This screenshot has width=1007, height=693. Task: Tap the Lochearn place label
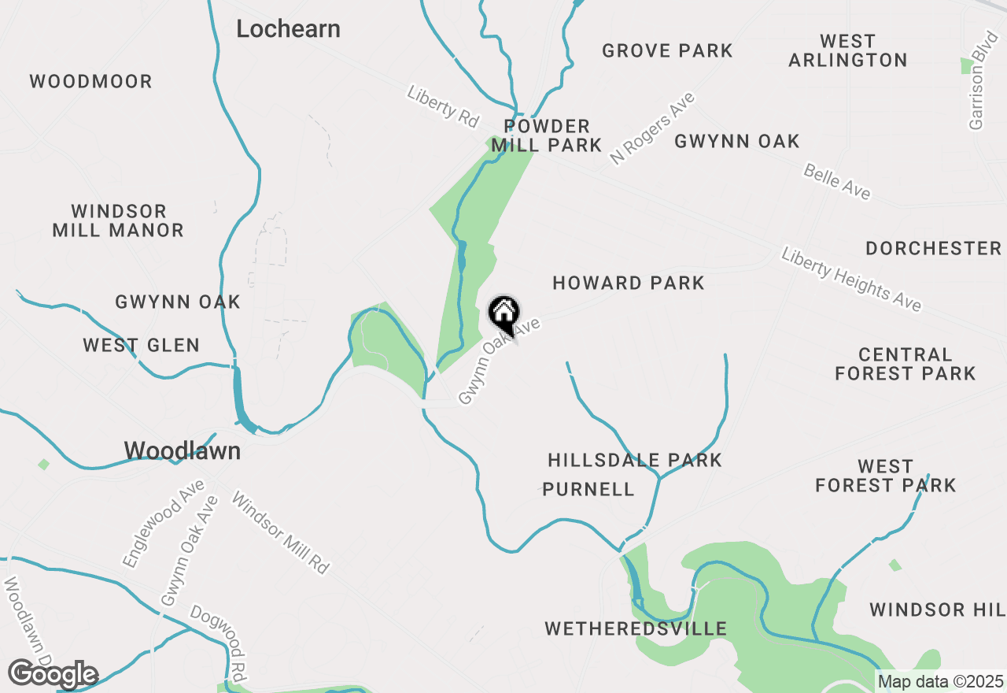(x=289, y=29)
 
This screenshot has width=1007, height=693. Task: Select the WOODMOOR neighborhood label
(x=90, y=82)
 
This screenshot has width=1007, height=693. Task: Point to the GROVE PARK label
(x=667, y=51)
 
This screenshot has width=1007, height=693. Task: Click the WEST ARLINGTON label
(x=847, y=50)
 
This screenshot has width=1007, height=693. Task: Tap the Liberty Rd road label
(x=443, y=106)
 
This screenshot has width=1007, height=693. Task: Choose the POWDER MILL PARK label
(x=547, y=135)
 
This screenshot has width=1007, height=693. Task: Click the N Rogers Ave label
(x=653, y=128)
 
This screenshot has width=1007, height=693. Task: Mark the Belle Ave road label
(x=836, y=182)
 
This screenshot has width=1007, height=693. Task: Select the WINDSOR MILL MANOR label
(x=118, y=221)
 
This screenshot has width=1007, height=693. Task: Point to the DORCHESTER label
(x=933, y=249)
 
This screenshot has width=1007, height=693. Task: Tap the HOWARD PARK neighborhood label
(x=628, y=283)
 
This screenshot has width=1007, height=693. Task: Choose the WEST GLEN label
(x=142, y=345)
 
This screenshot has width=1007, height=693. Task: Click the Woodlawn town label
(x=182, y=450)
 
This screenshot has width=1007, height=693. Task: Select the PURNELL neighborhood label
(x=588, y=490)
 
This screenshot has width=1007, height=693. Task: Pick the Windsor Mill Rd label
(x=280, y=532)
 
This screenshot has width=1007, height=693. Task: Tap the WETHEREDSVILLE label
(x=636, y=629)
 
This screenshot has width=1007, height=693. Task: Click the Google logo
(x=53, y=675)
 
